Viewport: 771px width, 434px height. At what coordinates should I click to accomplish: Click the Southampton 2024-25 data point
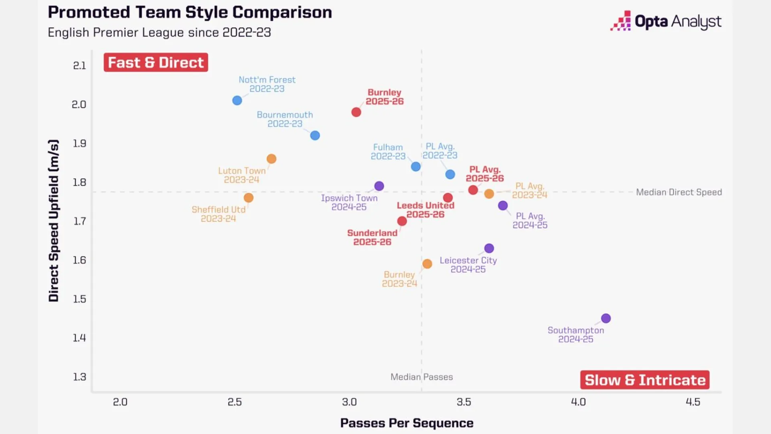coord(606,318)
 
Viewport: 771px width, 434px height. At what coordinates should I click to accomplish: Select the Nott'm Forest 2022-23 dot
coord(237,100)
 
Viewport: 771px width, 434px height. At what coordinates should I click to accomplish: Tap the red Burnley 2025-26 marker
coord(356,112)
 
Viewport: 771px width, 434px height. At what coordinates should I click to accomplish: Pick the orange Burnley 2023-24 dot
coord(427,264)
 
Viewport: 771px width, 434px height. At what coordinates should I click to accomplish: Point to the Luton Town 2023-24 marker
coord(271,159)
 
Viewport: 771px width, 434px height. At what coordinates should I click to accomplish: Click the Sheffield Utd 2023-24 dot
coord(249,198)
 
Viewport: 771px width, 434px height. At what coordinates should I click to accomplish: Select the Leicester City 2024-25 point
coord(489,248)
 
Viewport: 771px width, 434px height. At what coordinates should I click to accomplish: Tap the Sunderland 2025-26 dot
coord(402,221)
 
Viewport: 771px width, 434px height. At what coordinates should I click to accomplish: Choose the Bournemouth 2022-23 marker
coord(315,135)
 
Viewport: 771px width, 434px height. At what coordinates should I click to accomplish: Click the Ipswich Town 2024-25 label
coord(349,203)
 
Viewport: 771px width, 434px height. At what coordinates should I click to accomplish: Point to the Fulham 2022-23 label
coord(388,152)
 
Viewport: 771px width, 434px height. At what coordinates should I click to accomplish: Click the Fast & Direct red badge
coord(156,63)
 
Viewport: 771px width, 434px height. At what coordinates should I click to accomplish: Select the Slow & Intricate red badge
coord(645,380)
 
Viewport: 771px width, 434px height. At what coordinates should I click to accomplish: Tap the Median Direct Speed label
coord(679,192)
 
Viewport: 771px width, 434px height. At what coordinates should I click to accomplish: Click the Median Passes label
coord(421,377)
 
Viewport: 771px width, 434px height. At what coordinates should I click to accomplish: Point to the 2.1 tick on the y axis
coord(80,66)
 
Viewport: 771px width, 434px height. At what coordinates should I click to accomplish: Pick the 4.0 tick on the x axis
coord(578,402)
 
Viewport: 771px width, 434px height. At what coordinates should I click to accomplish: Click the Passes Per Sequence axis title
coord(406,423)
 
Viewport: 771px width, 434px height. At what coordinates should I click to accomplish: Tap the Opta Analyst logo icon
coord(620,21)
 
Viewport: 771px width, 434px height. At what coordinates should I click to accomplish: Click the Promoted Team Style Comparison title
coord(190,12)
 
